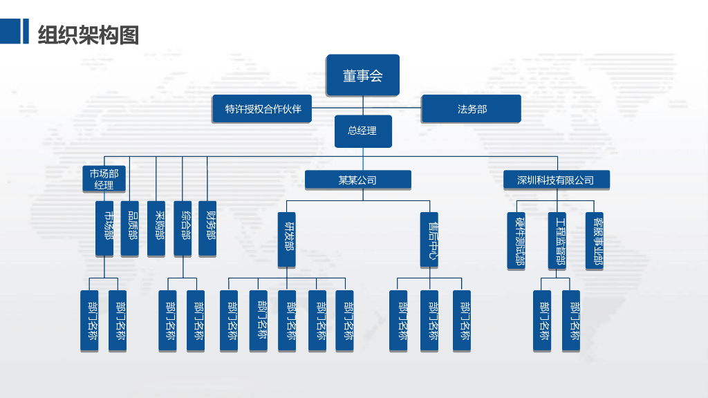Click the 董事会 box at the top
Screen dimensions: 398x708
363,75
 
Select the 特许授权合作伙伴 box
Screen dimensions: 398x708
262,109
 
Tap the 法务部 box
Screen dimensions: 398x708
471,109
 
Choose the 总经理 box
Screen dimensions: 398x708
363,131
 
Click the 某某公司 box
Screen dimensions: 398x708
358,180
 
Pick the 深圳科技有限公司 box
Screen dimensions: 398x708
556,180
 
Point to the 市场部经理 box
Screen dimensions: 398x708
104,179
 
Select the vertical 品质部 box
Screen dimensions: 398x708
130,229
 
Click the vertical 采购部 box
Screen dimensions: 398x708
156,229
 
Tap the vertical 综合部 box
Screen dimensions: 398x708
183,229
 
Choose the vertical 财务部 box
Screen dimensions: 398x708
207,229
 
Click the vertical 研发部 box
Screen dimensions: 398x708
287,240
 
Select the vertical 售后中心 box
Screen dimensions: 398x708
429,240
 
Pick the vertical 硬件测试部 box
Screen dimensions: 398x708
517,241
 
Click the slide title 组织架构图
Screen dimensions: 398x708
88,34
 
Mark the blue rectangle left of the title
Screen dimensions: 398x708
10,31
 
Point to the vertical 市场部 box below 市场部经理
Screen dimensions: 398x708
104,229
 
